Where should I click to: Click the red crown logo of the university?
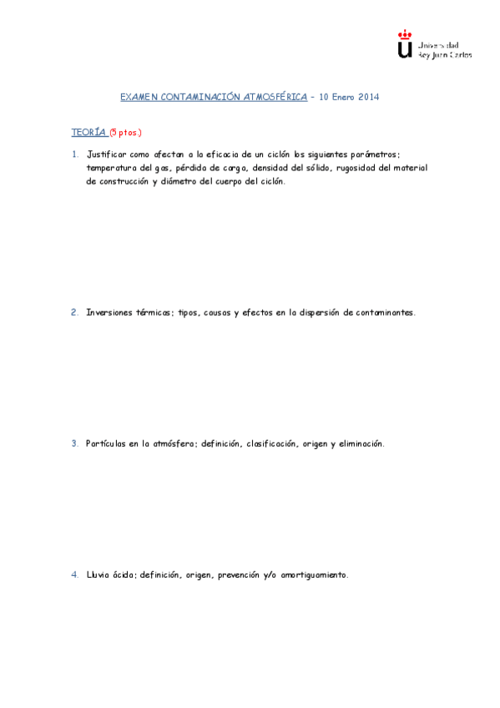405,34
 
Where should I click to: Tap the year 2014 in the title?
368,98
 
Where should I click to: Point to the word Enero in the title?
343,98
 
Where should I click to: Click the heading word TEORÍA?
88,132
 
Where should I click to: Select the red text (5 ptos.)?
125,132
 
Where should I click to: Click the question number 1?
74,154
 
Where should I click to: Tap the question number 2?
74,312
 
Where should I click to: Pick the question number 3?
74,444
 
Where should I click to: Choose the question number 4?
74,575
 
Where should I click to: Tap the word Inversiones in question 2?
111,312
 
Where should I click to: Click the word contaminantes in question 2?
385,312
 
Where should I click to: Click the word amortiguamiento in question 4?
314,575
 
